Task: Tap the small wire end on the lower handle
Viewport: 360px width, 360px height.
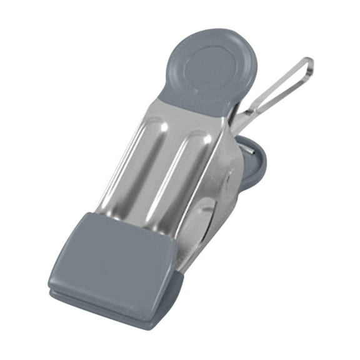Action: tap(250, 149)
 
